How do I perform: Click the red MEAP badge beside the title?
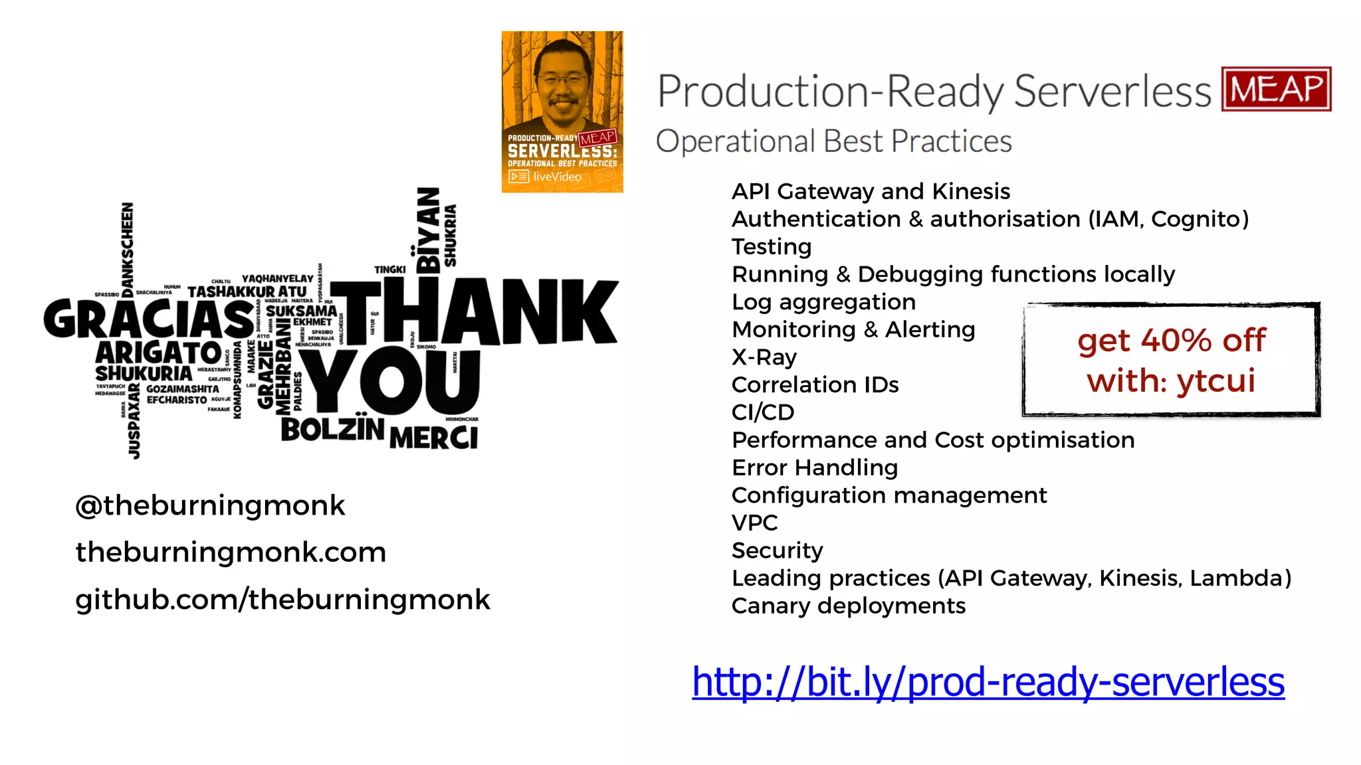pos(1276,89)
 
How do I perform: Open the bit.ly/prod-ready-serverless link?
pos(988,682)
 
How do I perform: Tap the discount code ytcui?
pos(1215,381)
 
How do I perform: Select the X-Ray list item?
pos(764,357)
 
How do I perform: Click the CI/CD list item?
pos(762,412)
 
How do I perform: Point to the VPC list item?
pos(754,523)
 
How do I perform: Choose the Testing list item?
pos(771,247)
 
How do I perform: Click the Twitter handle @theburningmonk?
pos(210,506)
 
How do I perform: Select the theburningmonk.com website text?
pos(231,552)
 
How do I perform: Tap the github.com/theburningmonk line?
pos(282,600)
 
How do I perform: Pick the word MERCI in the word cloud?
pos(433,438)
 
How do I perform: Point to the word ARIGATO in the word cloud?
pos(158,352)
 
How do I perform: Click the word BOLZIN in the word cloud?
pos(332,429)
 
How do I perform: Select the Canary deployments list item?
pos(848,606)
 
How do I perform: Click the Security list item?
pos(777,551)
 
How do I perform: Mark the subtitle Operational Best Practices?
pos(833,141)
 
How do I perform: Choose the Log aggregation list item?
pos(823,302)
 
